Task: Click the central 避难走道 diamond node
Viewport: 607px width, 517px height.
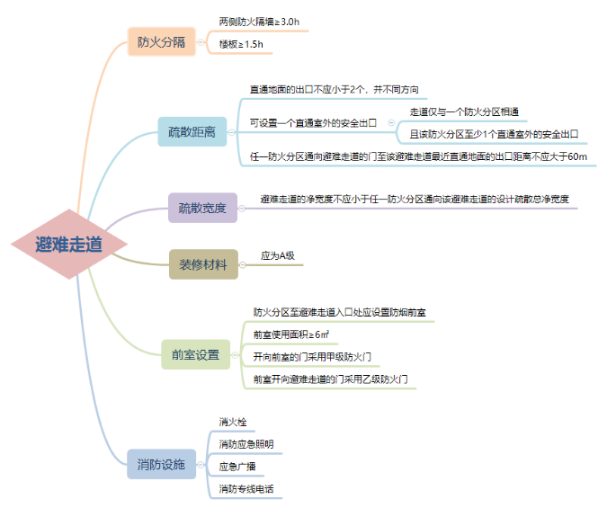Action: pyautogui.click(x=68, y=244)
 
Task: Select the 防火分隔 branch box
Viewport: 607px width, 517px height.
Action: pyautogui.click(x=162, y=42)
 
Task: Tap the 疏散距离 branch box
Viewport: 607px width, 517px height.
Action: pyautogui.click(x=192, y=132)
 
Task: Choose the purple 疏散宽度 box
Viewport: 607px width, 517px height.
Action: pyautogui.click(x=202, y=209)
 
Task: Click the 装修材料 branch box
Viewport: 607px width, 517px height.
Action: pyautogui.click(x=203, y=264)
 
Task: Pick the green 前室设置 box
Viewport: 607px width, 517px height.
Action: pyautogui.click(x=195, y=355)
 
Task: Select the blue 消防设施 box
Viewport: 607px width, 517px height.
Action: pyautogui.click(x=161, y=465)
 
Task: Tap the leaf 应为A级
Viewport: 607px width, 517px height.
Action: pyautogui.click(x=278, y=255)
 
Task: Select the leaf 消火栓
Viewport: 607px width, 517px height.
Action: pyautogui.click(x=233, y=421)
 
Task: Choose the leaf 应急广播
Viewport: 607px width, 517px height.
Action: pyautogui.click(x=237, y=467)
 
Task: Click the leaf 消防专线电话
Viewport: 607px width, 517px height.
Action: pyautogui.click(x=246, y=489)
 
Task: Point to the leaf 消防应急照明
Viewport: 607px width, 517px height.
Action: pyautogui.click(x=246, y=444)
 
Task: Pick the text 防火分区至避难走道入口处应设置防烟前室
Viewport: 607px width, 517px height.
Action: pyautogui.click(x=340, y=312)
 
